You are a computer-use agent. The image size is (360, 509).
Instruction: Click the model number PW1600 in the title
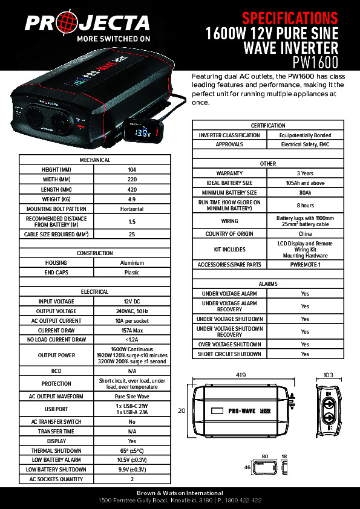pyautogui.click(x=315, y=63)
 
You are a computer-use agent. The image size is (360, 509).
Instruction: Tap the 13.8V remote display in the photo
pyautogui.click(x=143, y=132)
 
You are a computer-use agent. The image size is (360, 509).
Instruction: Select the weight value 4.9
pyautogui.click(x=132, y=199)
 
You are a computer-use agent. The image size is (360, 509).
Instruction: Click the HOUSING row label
pyautogui.click(x=56, y=263)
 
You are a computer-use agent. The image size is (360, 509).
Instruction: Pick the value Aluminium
pyautogui.click(x=132, y=263)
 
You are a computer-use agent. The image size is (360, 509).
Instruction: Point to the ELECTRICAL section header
pyautogui.click(x=95, y=292)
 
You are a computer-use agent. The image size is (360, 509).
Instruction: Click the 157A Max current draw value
pyautogui.click(x=132, y=331)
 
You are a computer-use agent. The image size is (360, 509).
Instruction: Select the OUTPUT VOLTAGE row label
pyautogui.click(x=56, y=311)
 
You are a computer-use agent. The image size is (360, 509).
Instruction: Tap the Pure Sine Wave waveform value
pyautogui.click(x=132, y=397)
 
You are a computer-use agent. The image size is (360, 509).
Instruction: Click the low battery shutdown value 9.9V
pyautogui.click(x=132, y=469)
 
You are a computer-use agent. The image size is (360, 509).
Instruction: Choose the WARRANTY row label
pyautogui.click(x=229, y=173)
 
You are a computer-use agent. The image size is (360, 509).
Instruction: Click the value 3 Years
pyautogui.click(x=305, y=173)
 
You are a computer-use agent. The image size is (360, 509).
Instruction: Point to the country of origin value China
pyautogui.click(x=305, y=234)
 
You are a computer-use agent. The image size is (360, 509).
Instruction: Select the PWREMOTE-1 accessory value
pyautogui.click(x=305, y=265)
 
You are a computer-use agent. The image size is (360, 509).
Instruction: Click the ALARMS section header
pyautogui.click(x=268, y=284)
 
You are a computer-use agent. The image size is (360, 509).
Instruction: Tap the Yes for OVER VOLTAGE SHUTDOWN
pyautogui.click(x=305, y=345)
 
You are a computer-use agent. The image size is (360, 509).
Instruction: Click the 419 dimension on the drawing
pyautogui.click(x=241, y=375)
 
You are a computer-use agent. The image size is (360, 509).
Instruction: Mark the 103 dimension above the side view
pyautogui.click(x=329, y=375)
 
